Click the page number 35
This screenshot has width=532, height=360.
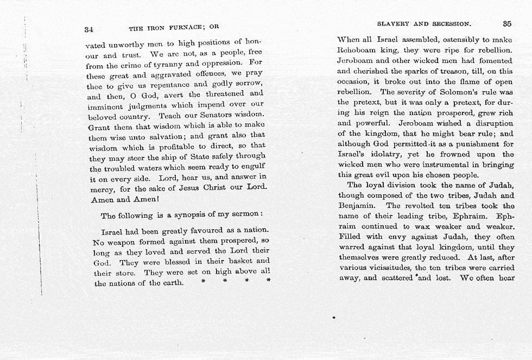click(x=507, y=24)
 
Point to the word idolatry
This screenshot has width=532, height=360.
click(x=384, y=154)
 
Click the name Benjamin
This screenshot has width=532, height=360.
click(x=356, y=206)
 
